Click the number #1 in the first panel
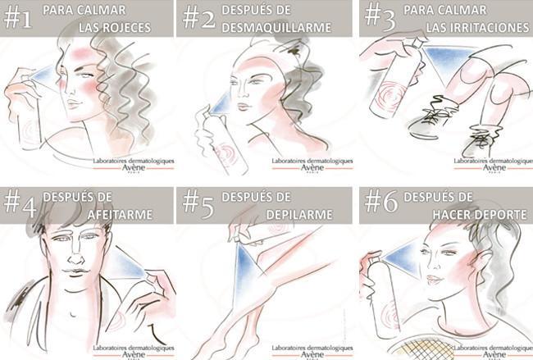(x=18, y=18)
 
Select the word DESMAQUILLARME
(x=276, y=28)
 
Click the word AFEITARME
(x=120, y=215)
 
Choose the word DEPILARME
(x=299, y=215)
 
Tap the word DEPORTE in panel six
(x=503, y=215)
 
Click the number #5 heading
(x=198, y=204)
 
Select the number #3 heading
(x=380, y=17)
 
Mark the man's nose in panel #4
(x=76, y=257)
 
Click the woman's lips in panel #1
(x=74, y=103)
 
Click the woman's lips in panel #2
(x=244, y=107)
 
